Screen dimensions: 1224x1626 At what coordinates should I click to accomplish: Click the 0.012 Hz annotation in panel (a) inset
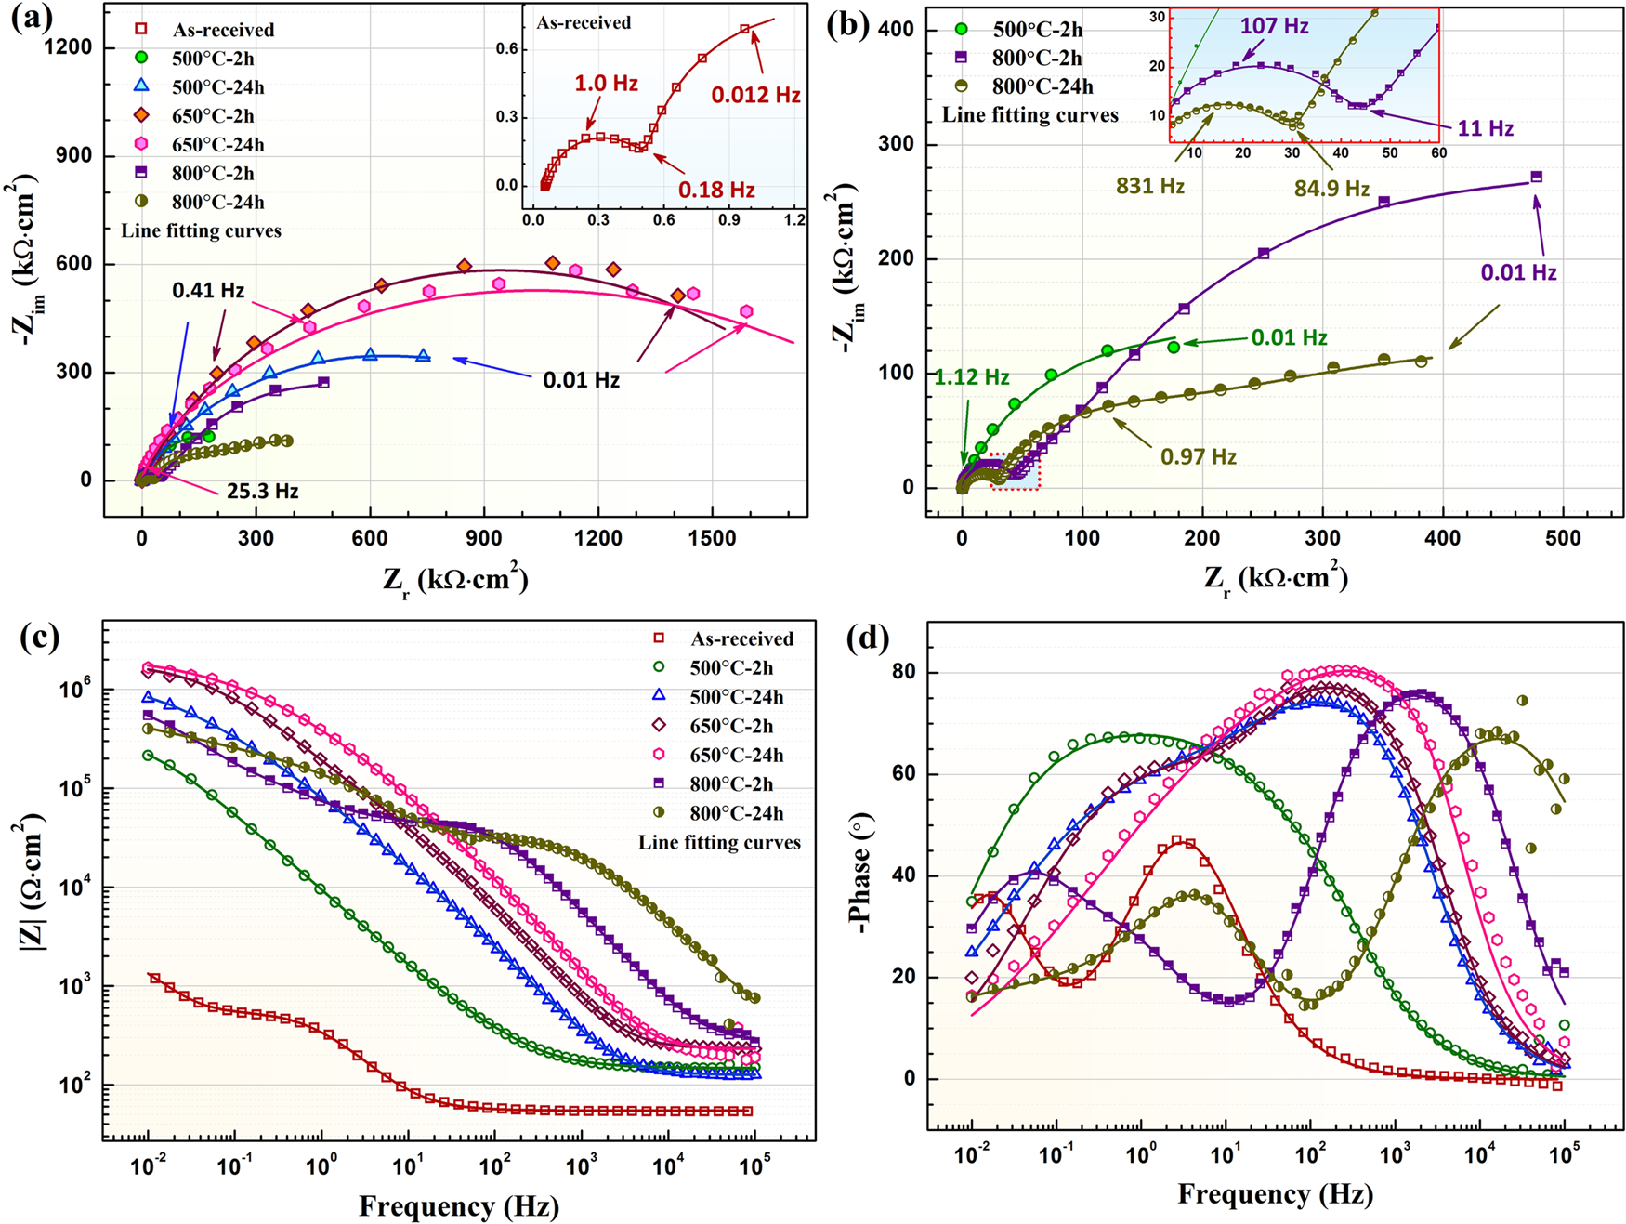[x=755, y=95]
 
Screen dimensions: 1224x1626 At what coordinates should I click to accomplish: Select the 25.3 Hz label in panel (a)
[x=263, y=491]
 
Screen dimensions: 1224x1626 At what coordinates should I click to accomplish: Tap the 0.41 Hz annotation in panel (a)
[x=208, y=291]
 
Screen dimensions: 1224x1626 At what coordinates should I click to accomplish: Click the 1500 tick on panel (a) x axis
[x=712, y=538]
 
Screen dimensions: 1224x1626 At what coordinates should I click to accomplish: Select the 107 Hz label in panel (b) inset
[x=1274, y=26]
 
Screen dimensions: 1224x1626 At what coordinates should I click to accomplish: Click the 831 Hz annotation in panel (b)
[x=1150, y=186]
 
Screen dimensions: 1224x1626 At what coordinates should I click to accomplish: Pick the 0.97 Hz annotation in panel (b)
[x=1199, y=456]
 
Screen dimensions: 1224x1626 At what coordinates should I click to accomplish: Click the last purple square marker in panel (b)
[x=1536, y=177]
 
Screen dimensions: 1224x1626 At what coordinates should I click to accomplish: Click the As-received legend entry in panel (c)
[x=741, y=638]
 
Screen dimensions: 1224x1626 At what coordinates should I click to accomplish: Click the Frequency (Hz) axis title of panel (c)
[x=458, y=1206]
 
